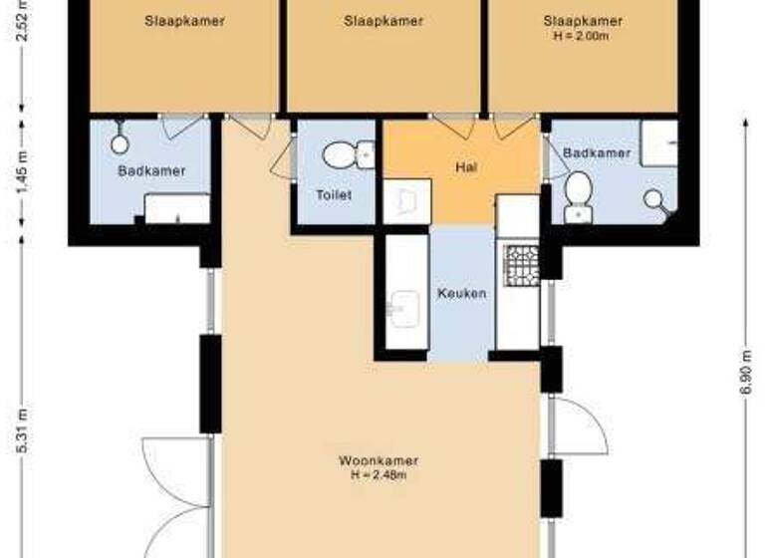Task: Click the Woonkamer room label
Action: point(378,461)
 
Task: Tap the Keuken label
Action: point(462,294)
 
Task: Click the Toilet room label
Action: point(333,195)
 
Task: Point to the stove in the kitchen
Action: point(519,264)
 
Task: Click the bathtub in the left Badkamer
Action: point(177,208)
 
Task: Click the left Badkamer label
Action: point(151,171)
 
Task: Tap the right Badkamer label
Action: point(596,153)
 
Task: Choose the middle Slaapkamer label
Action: point(383,21)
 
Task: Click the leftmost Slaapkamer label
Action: point(183,21)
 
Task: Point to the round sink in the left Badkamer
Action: point(121,142)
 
